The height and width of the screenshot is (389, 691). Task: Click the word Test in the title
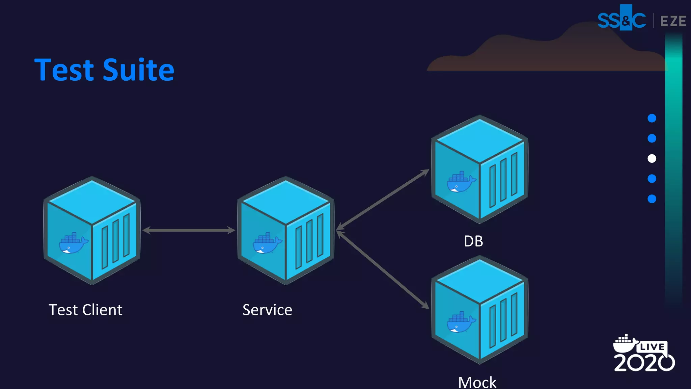tap(64, 70)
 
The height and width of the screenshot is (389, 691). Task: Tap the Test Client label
tap(85, 310)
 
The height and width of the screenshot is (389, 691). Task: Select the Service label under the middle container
tap(267, 310)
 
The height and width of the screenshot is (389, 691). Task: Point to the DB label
tap(473, 241)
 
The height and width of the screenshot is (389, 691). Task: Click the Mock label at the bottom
tap(477, 383)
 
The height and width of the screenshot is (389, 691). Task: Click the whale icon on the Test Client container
tap(73, 243)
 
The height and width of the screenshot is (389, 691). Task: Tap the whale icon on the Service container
tap(267, 243)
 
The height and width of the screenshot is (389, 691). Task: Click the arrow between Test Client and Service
tap(189, 230)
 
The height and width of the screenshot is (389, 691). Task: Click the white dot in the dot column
tap(652, 158)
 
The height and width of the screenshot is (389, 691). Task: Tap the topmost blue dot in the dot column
tap(652, 118)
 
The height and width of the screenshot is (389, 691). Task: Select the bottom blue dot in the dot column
tap(652, 199)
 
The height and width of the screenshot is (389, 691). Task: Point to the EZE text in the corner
tap(673, 21)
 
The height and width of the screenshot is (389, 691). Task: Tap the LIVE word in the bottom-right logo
tap(652, 347)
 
